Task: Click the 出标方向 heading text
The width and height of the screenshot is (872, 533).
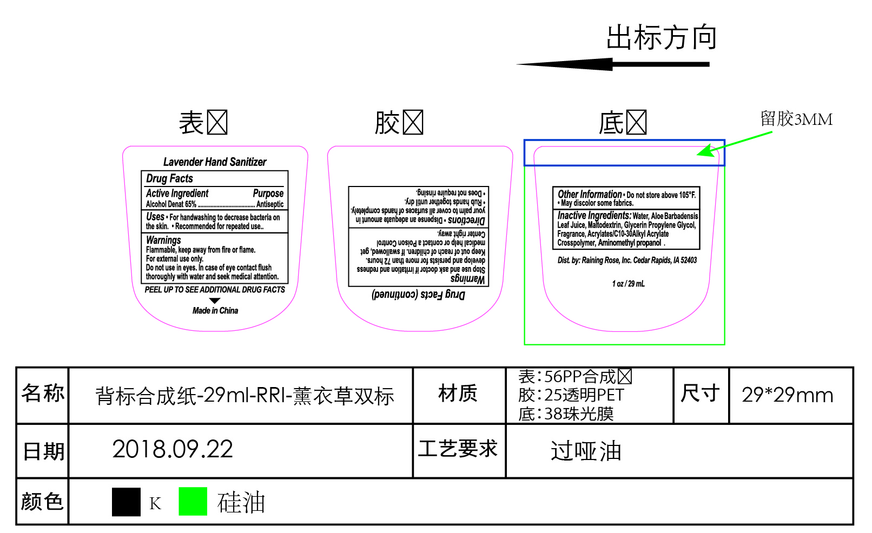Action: (x=661, y=37)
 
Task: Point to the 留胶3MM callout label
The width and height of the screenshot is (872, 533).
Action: (x=796, y=119)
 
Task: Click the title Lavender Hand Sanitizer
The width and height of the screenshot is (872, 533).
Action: (x=215, y=162)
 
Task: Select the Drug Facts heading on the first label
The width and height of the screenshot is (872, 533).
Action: (x=169, y=178)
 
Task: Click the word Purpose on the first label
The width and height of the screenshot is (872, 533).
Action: (x=268, y=193)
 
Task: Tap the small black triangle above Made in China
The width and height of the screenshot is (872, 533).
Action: (x=215, y=301)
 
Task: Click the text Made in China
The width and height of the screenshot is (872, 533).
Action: (x=215, y=310)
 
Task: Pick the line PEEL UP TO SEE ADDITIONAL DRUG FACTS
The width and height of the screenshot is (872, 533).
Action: (x=215, y=290)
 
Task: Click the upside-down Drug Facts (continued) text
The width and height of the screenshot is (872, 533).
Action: (x=418, y=295)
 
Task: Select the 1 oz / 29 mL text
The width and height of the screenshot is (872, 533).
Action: (x=628, y=283)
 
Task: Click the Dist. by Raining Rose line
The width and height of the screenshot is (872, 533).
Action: (x=627, y=260)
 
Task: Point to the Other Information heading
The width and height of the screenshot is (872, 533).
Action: (x=590, y=194)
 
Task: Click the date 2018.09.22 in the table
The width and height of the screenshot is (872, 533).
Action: (x=173, y=449)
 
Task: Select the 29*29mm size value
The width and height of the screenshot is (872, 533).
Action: (x=787, y=395)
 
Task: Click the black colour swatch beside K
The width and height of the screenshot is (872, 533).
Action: (x=126, y=502)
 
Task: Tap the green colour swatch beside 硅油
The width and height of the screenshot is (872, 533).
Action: (x=193, y=501)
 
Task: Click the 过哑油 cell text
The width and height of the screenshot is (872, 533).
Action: (x=586, y=451)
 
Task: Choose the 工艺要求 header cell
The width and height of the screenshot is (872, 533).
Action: (x=458, y=449)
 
